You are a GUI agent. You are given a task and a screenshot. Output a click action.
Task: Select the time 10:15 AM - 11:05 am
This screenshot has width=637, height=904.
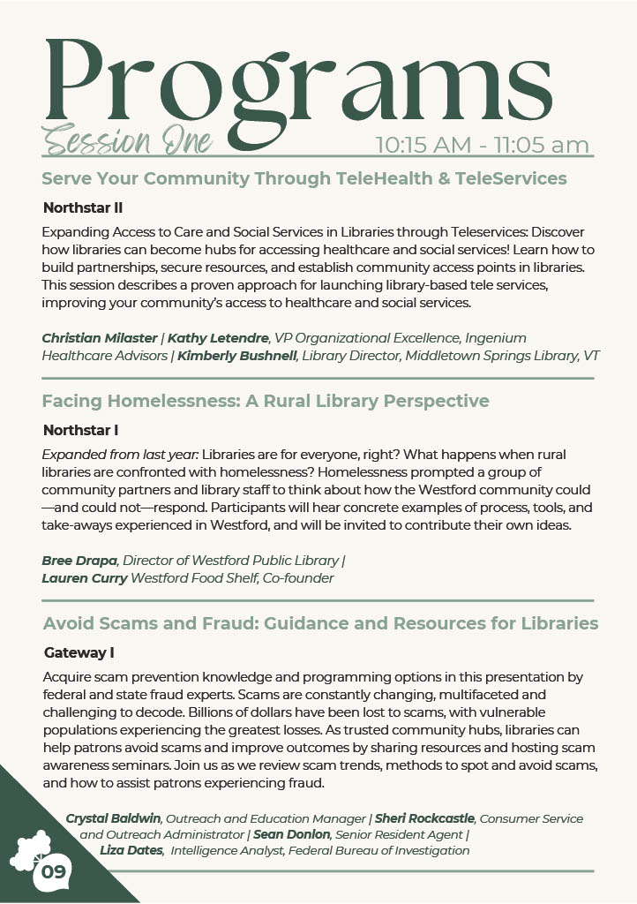click(x=483, y=145)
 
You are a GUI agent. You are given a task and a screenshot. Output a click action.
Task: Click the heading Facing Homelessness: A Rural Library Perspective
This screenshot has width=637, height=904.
click(x=265, y=401)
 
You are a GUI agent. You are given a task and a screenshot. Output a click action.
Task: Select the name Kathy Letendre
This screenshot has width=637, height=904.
click(x=219, y=338)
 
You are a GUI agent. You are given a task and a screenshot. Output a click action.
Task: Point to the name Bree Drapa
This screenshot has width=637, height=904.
click(x=79, y=561)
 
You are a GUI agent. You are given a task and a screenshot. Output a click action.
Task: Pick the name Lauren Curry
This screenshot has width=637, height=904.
click(x=84, y=578)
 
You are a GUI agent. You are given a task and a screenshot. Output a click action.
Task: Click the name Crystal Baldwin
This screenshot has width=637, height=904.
click(x=113, y=818)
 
